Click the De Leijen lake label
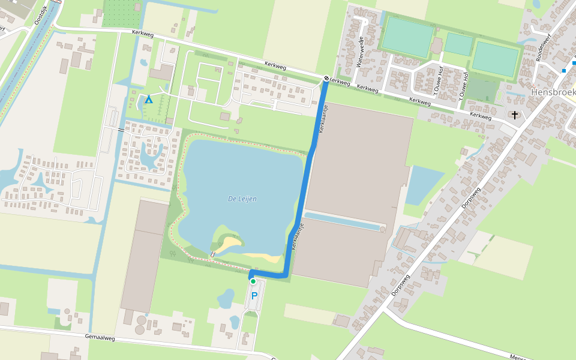click(x=242, y=199)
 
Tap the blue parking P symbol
click(x=254, y=295)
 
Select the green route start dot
click(x=253, y=281)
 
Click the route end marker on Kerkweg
click(x=326, y=78)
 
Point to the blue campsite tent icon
click(x=148, y=99)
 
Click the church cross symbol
click(x=514, y=114)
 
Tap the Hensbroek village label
click(x=553, y=92)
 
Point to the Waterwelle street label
click(x=361, y=52)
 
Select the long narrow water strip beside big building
click(x=343, y=221)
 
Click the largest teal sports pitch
click(x=408, y=37)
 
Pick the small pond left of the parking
click(x=226, y=298)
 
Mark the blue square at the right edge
click(x=564, y=71)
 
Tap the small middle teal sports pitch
click(x=459, y=44)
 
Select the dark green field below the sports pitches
click(x=482, y=90)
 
